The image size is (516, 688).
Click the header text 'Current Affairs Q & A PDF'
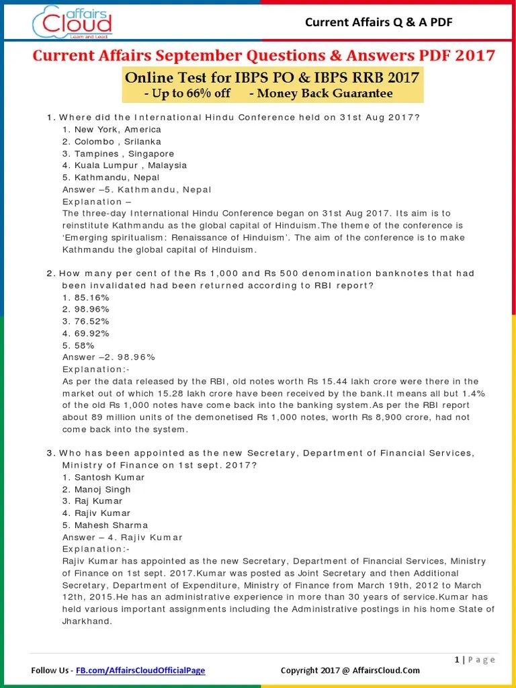click(379, 23)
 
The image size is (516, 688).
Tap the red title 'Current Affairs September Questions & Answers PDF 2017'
click(264, 55)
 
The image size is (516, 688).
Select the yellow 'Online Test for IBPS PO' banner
click(272, 85)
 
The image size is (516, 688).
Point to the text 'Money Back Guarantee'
click(320, 93)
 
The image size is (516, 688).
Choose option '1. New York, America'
click(112, 129)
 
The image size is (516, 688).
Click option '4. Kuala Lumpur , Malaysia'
click(124, 165)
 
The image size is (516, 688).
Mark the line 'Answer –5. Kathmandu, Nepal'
click(137, 189)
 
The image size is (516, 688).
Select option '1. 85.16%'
click(86, 297)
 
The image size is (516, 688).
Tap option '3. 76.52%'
click(86, 321)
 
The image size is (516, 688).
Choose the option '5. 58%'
click(79, 345)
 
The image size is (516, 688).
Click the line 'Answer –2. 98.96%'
click(109, 357)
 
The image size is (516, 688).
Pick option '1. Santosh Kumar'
click(103, 477)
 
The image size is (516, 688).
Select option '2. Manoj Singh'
click(97, 489)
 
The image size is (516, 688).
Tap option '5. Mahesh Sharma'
click(105, 525)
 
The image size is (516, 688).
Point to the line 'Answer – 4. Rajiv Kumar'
click(122, 537)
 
